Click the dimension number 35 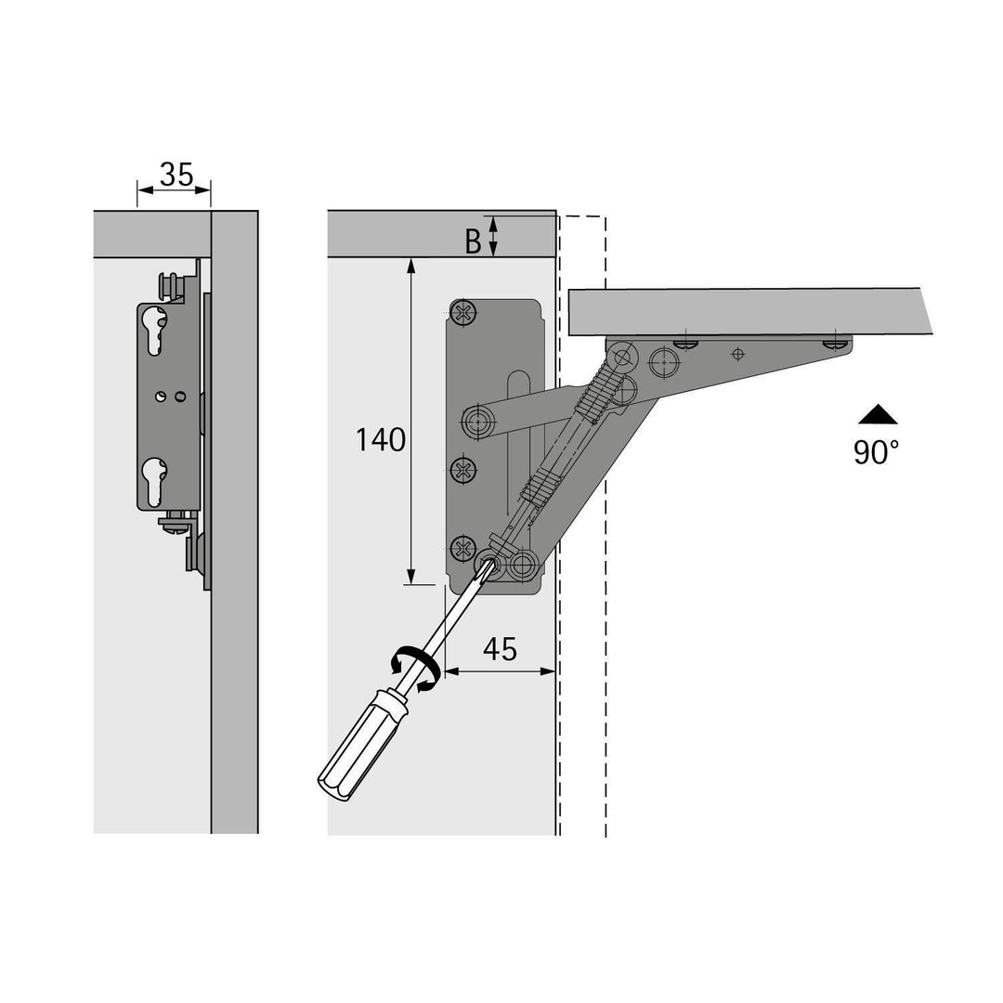click(176, 175)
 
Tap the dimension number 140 click(380, 440)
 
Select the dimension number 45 click(500, 649)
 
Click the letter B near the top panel click(473, 241)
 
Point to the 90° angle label click(876, 451)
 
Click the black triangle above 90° click(878, 415)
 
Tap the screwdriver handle click(361, 745)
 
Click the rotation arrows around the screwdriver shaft click(415, 669)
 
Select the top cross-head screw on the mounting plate click(463, 313)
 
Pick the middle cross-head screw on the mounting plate click(463, 471)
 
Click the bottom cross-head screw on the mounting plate click(463, 548)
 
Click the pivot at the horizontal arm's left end click(478, 422)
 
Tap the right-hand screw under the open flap click(837, 344)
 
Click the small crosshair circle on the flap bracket click(738, 353)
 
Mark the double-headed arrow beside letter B click(492, 235)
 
